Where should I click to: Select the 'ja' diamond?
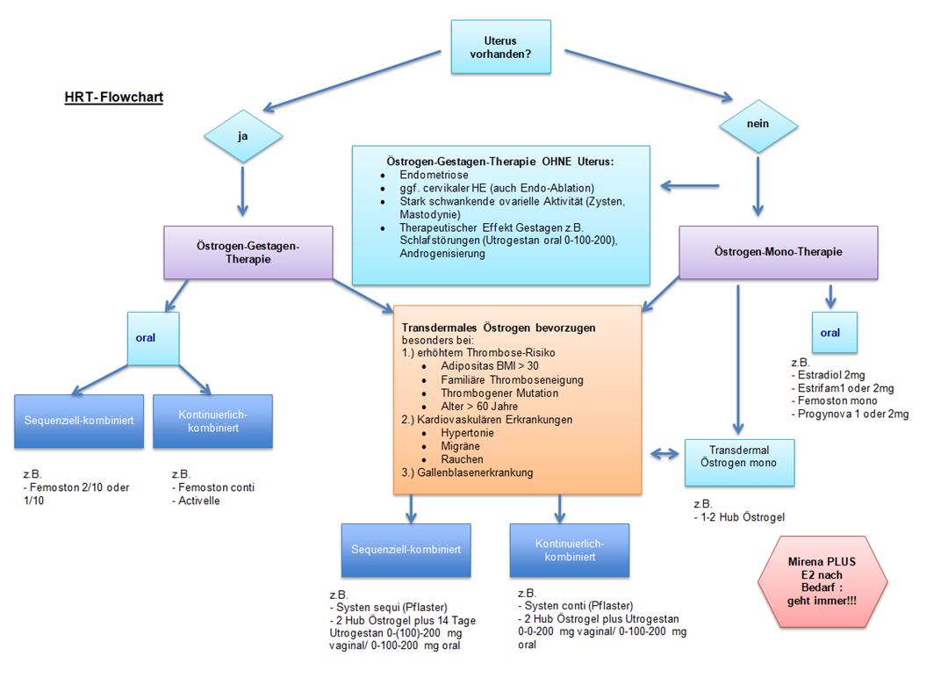pos(242,136)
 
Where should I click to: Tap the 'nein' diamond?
pos(758,124)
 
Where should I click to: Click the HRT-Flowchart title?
pos(113,97)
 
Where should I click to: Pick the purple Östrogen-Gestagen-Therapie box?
pos(248,253)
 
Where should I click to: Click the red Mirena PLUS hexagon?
pos(822,580)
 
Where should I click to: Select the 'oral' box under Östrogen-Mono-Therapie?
pos(829,333)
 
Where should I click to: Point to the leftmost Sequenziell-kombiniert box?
pos(79,421)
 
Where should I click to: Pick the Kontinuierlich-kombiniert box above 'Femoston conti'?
pos(212,421)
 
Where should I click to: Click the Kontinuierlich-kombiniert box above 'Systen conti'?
pos(570,550)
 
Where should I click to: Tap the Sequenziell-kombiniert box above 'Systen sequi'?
pos(406,550)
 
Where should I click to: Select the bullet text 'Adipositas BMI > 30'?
pos(490,366)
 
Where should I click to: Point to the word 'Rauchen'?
pos(462,458)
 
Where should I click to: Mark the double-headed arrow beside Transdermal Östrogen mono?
pos(665,454)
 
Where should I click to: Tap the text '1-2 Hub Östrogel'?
pos(743,517)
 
